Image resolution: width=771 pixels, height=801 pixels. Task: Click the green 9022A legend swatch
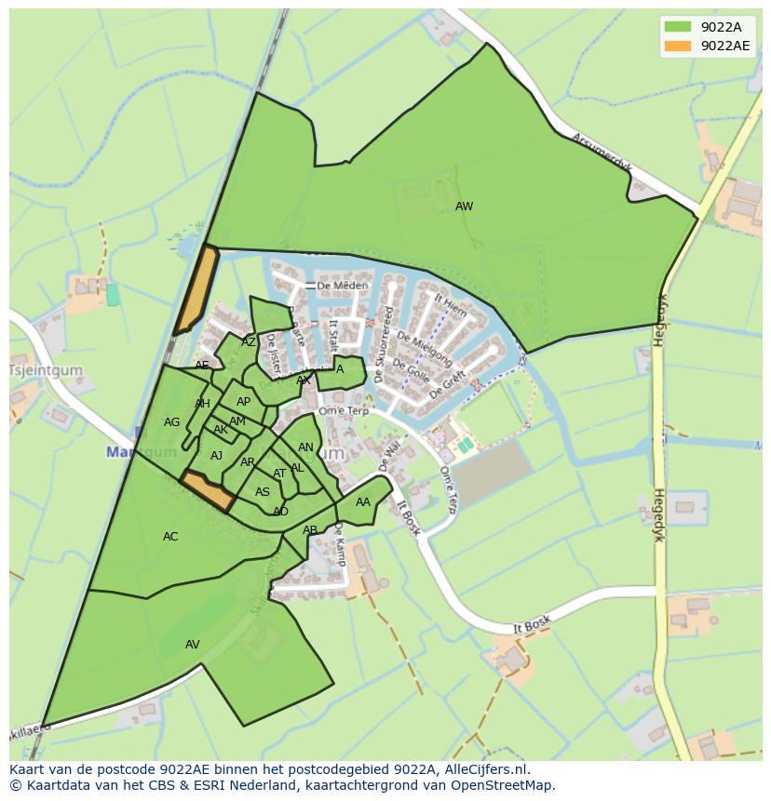(677, 27)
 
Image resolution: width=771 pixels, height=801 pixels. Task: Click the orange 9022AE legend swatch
(677, 46)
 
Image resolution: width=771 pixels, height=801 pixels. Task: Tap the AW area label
(464, 207)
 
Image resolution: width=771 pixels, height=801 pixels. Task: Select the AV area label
(193, 645)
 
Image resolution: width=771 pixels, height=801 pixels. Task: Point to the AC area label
(170, 537)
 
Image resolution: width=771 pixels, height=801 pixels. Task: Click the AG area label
(171, 422)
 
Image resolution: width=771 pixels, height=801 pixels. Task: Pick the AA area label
(363, 502)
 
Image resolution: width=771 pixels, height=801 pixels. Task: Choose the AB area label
(310, 530)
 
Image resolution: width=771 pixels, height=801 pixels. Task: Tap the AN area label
(305, 447)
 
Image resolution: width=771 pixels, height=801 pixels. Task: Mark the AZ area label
(249, 342)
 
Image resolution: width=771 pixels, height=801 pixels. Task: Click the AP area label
(243, 402)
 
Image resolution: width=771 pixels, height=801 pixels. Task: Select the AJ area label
(216, 456)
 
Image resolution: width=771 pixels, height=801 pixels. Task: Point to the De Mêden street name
(336, 286)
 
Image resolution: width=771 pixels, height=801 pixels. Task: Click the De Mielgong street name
(424, 348)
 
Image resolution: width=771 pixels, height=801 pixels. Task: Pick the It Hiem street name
(451, 307)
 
